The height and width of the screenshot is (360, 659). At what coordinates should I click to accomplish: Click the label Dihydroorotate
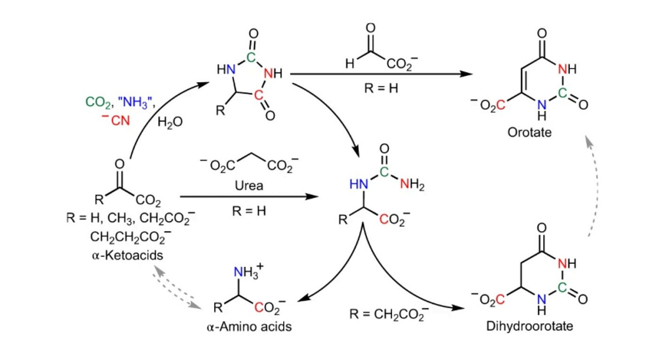[529, 327]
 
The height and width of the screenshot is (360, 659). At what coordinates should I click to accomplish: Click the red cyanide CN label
[115, 120]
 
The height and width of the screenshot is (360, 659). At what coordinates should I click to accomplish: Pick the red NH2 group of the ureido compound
[412, 185]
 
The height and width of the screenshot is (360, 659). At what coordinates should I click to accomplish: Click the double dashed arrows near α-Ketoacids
[176, 288]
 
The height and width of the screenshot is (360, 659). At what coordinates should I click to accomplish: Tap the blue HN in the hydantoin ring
[226, 69]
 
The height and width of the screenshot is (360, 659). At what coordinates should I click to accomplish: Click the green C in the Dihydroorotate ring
[562, 287]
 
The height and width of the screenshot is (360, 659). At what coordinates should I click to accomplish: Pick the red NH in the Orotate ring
[567, 69]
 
